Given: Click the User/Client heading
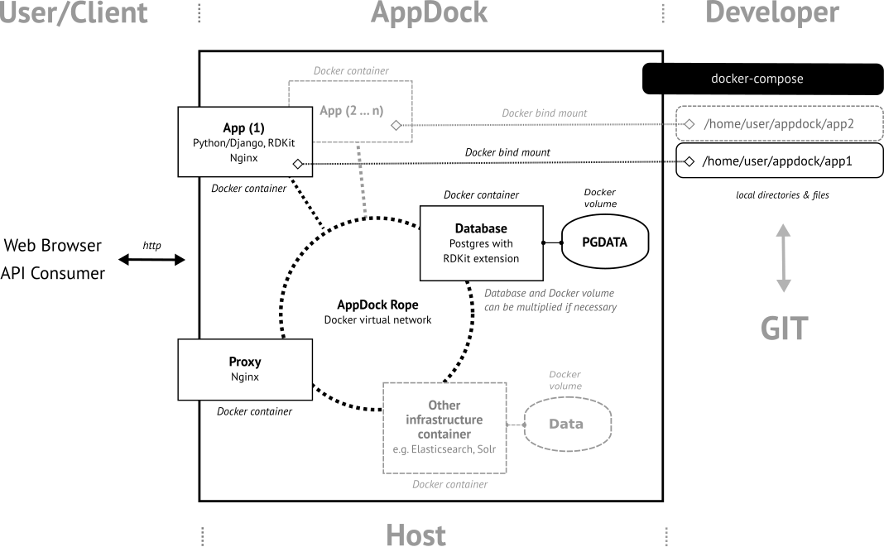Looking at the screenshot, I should pos(74,13).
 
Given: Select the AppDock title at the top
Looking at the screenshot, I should pos(429,13).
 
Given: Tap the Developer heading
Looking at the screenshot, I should pos(772,13).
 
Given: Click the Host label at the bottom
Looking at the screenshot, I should pos(416,535).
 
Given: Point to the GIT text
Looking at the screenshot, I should pos(784,329).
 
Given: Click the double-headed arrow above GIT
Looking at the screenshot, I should pos(783,258).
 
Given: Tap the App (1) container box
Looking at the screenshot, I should pos(243,141).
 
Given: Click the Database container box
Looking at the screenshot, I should pos(481,243).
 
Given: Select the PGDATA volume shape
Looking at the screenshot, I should pos(604,242).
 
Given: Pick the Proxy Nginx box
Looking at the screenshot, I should pos(245,370).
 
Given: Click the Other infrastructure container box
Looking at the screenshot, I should pos(444,428).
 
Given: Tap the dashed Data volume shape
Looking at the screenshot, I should pos(566,424).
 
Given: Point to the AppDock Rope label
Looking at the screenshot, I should pos(377,305).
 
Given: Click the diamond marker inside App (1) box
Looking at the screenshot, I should pos(297,164).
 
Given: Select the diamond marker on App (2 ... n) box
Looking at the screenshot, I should pos(396,125).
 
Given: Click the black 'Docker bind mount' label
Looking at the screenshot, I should pos(507,152).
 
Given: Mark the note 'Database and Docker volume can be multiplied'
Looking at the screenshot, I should pos(550,300).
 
